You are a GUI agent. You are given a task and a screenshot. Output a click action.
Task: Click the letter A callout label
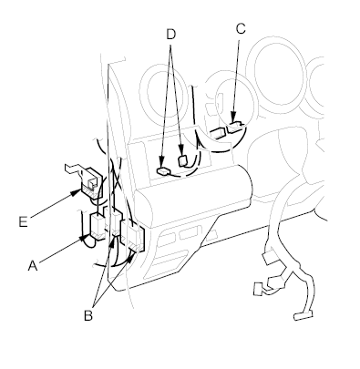33,266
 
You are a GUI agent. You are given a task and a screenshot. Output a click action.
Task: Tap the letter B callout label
88,316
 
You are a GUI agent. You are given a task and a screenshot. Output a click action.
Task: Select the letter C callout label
241,29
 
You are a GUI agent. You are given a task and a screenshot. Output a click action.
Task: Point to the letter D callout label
171,35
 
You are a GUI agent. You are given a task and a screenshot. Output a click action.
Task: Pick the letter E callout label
23,221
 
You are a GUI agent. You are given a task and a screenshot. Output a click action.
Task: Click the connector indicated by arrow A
98,227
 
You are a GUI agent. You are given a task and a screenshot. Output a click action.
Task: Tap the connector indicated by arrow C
236,128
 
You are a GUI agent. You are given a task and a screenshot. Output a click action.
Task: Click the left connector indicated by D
164,171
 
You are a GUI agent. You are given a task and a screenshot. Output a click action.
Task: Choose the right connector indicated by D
183,160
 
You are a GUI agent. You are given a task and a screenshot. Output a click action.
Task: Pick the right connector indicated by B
133,235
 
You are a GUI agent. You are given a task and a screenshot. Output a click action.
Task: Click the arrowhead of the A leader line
85,238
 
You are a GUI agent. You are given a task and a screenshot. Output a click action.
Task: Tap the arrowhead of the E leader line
76,192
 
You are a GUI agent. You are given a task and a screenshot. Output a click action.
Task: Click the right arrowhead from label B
130,257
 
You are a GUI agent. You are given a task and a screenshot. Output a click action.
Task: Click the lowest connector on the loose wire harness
303,316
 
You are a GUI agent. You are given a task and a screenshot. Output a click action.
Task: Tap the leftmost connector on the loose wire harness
259,289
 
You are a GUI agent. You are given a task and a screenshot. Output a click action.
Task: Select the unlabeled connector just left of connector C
218,133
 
